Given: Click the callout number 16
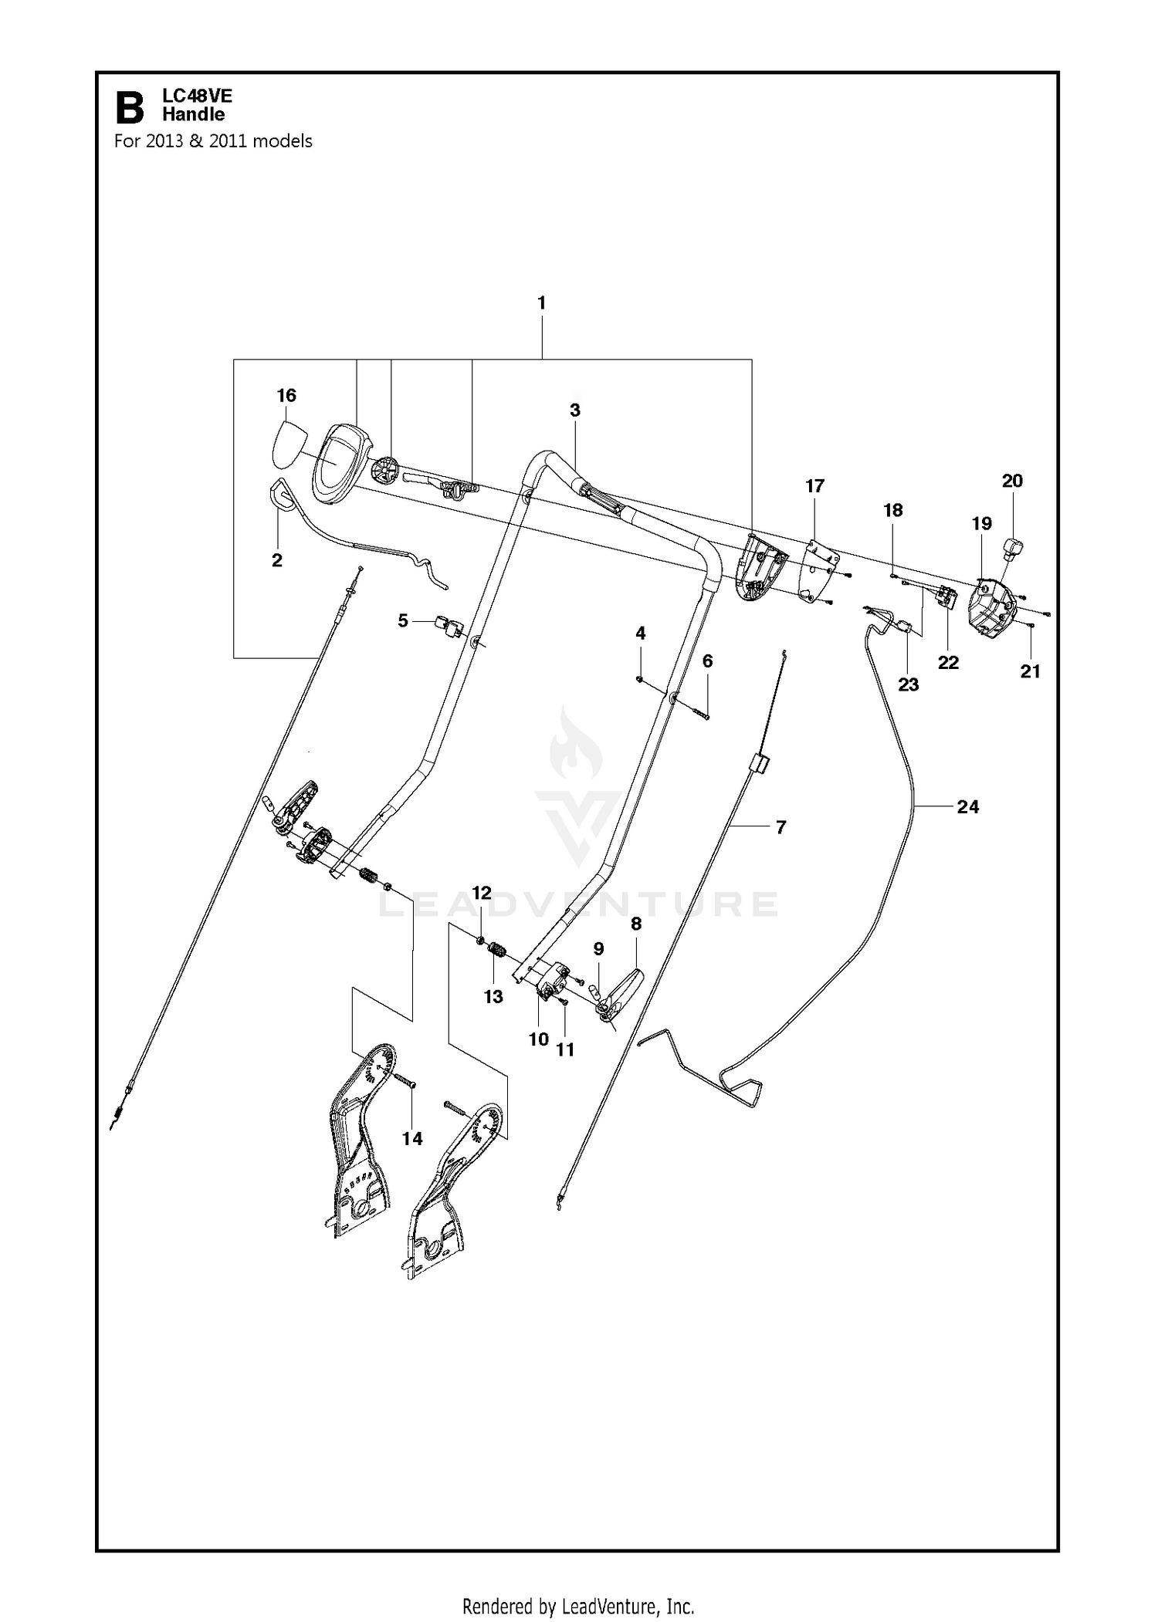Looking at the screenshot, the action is coord(286,396).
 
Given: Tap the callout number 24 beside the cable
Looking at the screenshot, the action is coord(967,807).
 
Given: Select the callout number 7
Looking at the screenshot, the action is coord(780,827).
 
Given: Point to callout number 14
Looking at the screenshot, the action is coord(412,1138).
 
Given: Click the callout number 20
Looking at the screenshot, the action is coord(1012,481).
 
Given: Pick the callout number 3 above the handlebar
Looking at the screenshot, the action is coord(575,411).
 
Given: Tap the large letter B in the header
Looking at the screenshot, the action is coord(130,108).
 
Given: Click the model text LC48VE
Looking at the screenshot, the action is coord(197,96).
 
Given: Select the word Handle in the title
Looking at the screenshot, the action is coord(193,115).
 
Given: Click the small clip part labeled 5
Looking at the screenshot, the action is coord(449,626).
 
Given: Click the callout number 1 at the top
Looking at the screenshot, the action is coord(541,303).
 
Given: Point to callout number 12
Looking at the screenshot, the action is coord(481,894).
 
